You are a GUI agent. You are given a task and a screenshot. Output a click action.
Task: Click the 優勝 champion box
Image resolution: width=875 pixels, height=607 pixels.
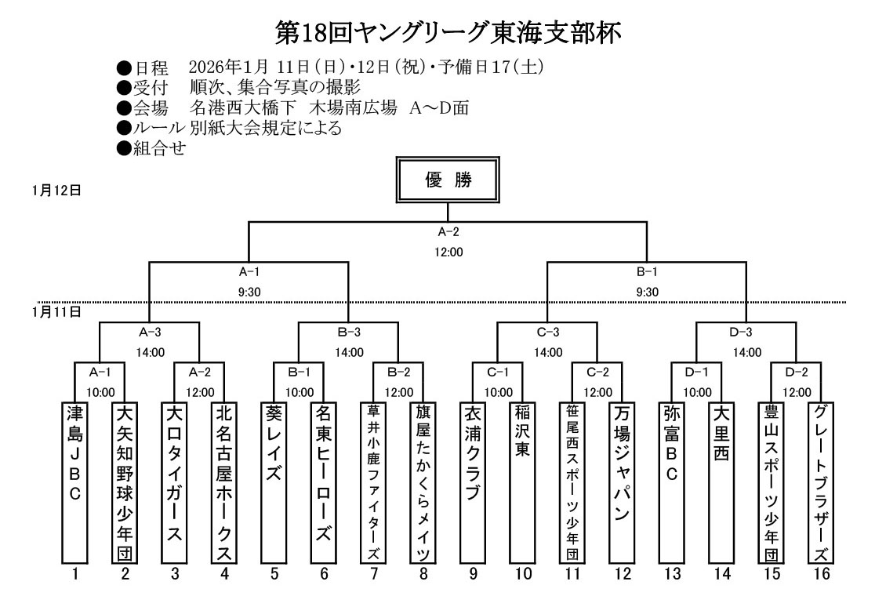pyautogui.click(x=448, y=180)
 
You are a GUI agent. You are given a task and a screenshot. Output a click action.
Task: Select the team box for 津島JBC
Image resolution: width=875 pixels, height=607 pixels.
pyautogui.click(x=75, y=482)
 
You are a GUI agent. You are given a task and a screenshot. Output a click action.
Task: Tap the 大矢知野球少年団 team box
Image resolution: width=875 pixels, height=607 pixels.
pyautogui.click(x=125, y=482)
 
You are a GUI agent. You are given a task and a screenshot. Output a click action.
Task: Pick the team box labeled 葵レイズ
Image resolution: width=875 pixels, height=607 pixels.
pyautogui.click(x=274, y=482)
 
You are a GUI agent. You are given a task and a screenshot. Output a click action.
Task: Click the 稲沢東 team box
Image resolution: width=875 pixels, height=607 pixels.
pyautogui.click(x=523, y=482)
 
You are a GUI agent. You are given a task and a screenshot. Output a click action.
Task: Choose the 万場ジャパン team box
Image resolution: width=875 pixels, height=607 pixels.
pyautogui.click(x=623, y=482)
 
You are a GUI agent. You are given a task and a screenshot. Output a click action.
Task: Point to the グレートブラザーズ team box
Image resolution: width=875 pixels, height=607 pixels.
pyautogui.click(x=821, y=482)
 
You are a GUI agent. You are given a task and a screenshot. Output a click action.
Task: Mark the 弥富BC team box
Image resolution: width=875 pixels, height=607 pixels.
pyautogui.click(x=672, y=482)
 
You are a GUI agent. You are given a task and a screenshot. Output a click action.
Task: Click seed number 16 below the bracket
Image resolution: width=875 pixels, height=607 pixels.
pyautogui.click(x=821, y=574)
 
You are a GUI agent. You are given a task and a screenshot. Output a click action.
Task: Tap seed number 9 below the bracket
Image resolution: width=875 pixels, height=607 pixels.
pyautogui.click(x=474, y=574)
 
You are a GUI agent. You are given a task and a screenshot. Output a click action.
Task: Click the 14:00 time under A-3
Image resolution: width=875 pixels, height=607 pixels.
pyautogui.click(x=150, y=353)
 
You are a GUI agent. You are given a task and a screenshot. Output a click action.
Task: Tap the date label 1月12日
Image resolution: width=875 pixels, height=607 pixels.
pyautogui.click(x=56, y=191)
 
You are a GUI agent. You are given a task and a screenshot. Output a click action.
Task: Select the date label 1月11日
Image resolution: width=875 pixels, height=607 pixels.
pyautogui.click(x=56, y=311)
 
